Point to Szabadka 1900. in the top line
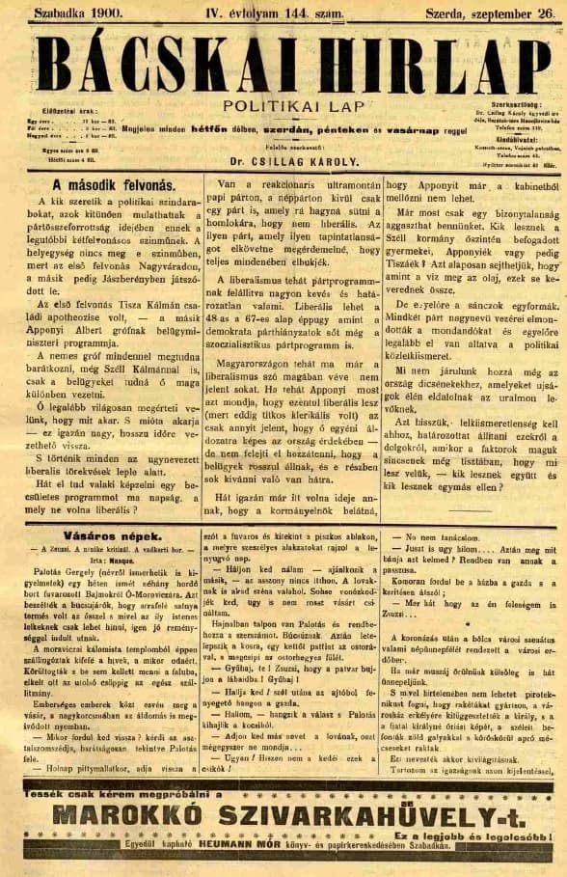(75, 14)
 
